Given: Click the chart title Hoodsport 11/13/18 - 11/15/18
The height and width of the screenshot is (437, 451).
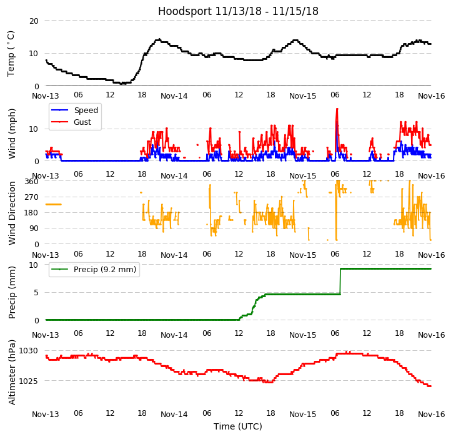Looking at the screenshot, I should [x=238, y=11].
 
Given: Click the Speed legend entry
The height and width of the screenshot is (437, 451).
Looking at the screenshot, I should [x=86, y=110].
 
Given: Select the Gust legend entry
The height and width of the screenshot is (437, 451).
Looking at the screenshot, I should [x=84, y=122].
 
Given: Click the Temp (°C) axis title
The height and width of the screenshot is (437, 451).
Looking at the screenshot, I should [x=11, y=53].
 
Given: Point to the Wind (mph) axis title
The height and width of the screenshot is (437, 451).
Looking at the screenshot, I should [x=12, y=133].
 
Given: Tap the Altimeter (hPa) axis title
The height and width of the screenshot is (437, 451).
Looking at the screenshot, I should [x=12, y=372].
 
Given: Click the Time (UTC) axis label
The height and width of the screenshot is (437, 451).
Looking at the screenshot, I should [x=238, y=427].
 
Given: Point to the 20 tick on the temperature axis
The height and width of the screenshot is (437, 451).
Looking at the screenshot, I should [x=34, y=21].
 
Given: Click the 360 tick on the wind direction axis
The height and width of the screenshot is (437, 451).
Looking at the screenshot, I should [x=31, y=182].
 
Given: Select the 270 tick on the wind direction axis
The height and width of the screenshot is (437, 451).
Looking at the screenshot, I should [x=31, y=197].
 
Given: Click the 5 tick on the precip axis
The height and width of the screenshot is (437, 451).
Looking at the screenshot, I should [x=36, y=292].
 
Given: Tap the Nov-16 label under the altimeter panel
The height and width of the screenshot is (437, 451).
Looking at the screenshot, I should [x=431, y=415].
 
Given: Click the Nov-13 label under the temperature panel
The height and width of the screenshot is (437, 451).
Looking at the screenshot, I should [x=46, y=96].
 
